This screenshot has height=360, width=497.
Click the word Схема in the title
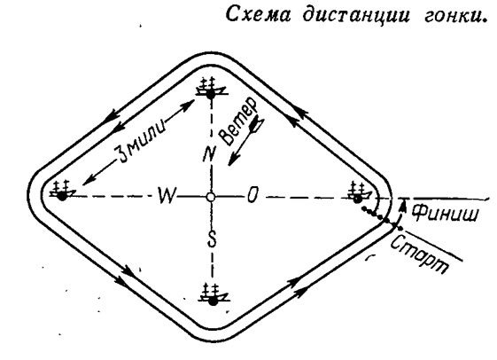[258, 15]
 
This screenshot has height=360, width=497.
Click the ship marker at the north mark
[211, 89]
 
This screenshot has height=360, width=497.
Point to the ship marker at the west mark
[63, 191]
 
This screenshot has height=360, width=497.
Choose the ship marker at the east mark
[359, 192]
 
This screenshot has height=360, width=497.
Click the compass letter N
[209, 154]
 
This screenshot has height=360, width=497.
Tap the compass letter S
[212, 239]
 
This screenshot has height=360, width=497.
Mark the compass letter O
[252, 195]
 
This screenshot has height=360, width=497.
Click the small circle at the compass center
[210, 197]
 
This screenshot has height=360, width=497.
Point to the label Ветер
[238, 121]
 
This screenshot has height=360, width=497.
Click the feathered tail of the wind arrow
[258, 124]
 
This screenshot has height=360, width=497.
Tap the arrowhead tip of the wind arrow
[229, 166]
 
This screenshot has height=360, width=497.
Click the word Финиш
[445, 213]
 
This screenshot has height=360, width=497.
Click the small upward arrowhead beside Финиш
[403, 204]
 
